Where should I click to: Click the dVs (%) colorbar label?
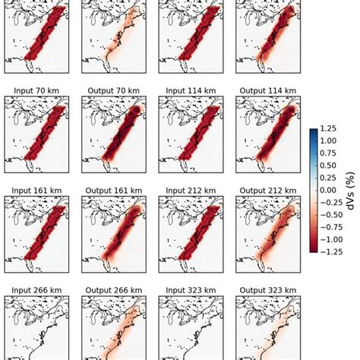pyautogui.click(x=352, y=190)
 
